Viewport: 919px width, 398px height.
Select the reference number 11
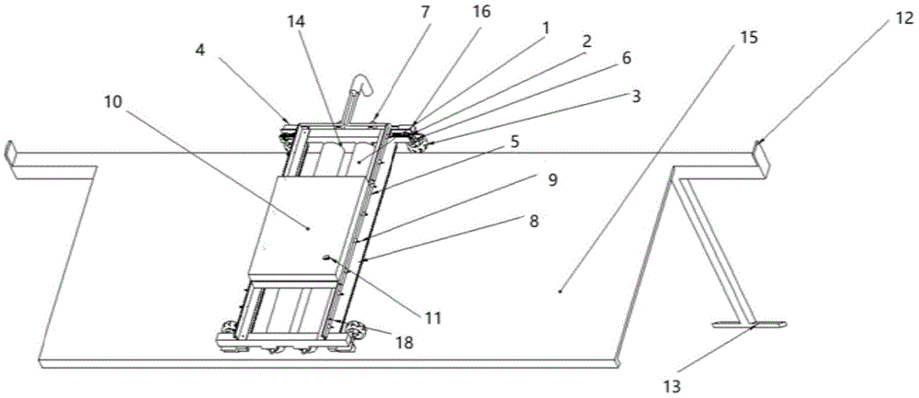coord(433,318)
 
